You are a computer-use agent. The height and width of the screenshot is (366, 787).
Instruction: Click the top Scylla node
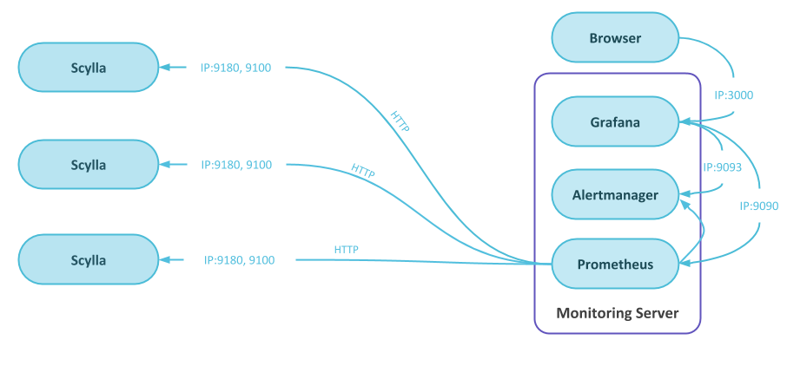[x=89, y=68]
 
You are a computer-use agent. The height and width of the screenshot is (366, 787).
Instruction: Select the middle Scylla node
[x=89, y=165]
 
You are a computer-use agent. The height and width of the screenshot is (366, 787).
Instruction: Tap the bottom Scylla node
[x=89, y=260]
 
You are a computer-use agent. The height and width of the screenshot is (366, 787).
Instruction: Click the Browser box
[x=615, y=38]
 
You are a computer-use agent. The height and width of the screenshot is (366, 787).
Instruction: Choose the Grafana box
[x=615, y=122]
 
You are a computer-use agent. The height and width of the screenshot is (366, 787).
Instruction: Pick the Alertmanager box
[x=615, y=195]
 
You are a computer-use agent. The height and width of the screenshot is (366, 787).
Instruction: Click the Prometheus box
[x=615, y=264]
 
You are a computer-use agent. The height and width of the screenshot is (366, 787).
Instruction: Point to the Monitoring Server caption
[x=617, y=313]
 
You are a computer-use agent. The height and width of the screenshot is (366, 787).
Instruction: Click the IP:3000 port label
[x=733, y=95]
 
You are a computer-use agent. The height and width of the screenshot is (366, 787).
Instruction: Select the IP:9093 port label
[x=722, y=167]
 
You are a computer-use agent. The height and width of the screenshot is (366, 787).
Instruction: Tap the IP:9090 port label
[x=758, y=206]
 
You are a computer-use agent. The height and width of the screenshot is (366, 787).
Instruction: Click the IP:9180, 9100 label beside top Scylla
[x=236, y=68]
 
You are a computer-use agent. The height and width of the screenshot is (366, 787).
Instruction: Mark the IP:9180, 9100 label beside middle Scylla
[x=236, y=165]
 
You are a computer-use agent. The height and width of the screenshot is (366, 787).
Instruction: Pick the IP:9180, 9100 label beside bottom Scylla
[x=240, y=260]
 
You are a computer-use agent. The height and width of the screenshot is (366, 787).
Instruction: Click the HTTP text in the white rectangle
[x=346, y=250]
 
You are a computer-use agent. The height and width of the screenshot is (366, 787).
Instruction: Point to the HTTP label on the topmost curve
[x=400, y=121]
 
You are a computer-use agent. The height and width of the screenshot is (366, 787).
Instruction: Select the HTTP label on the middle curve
[x=363, y=170]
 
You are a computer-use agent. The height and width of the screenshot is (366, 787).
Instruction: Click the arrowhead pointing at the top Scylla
[x=167, y=68]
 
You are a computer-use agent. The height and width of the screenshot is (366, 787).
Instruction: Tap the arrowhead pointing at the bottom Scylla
[x=167, y=260]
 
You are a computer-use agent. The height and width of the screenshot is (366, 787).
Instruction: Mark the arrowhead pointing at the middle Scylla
[x=167, y=165]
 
